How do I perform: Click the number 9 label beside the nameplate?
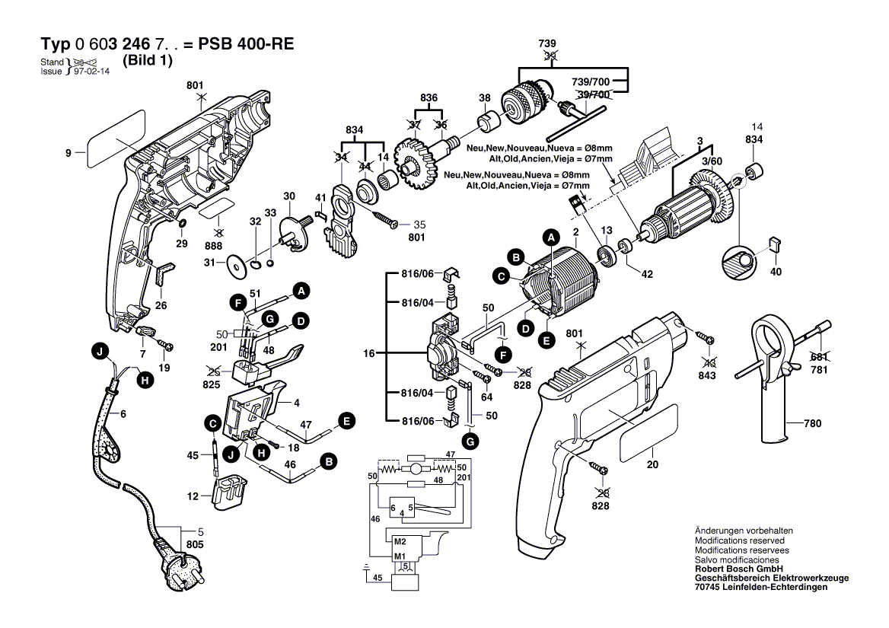(68, 153)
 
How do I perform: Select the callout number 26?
(160, 306)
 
